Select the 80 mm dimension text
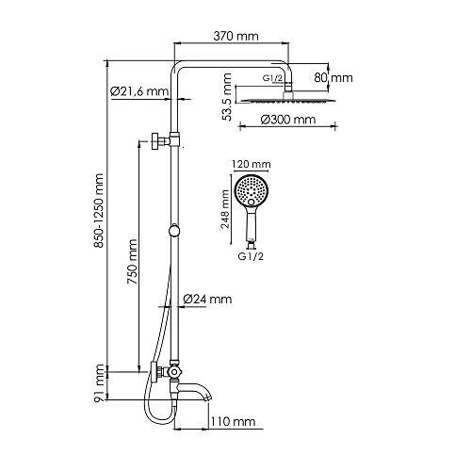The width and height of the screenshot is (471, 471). point(333,77)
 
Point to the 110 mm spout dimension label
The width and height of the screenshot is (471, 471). point(234,423)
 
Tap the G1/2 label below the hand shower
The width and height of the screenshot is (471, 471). point(249,254)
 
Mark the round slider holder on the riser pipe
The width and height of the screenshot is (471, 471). point(173,231)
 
